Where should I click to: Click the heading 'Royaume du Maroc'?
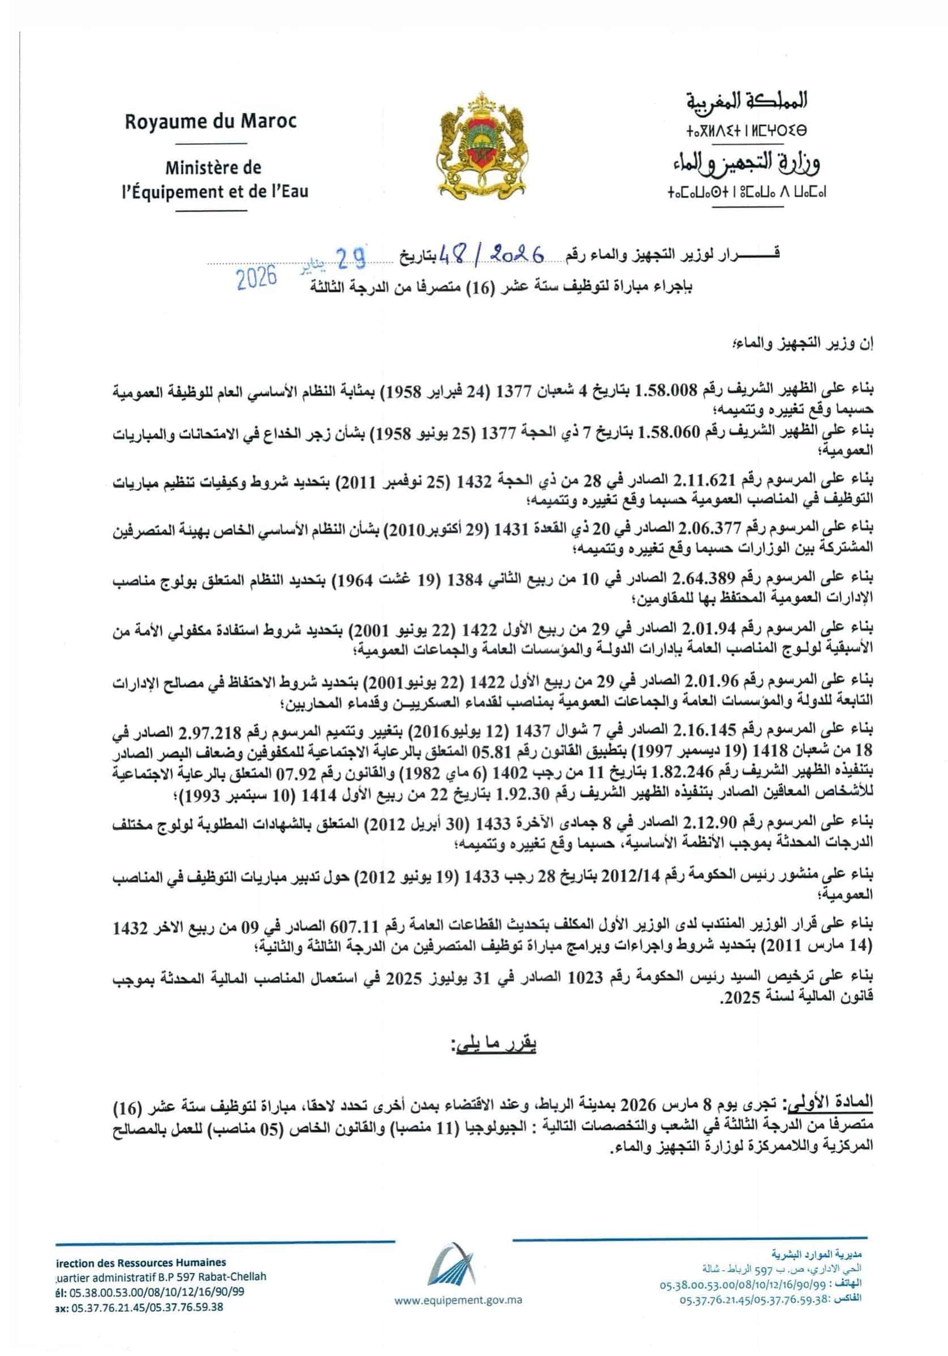click(210, 122)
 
